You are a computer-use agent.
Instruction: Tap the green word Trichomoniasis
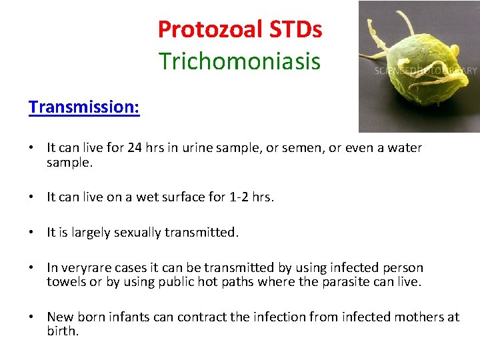point(239,61)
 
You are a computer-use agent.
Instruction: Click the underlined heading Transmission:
point(84,107)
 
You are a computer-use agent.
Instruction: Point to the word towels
point(66,281)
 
